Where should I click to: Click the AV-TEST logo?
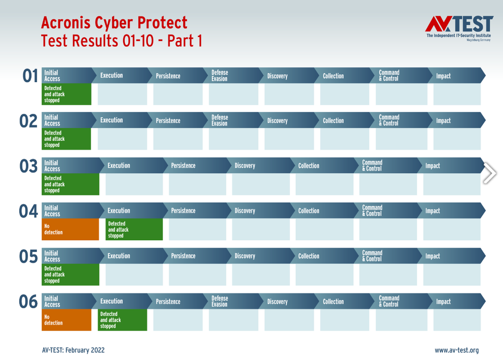pyautogui.click(x=459, y=28)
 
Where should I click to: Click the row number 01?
pyautogui.click(x=30, y=76)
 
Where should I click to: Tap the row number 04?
pyautogui.click(x=28, y=211)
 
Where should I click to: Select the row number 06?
pyautogui.click(x=28, y=302)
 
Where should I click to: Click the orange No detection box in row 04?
pyautogui.click(x=70, y=229)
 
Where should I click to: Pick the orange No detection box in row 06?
pyautogui.click(x=66, y=320)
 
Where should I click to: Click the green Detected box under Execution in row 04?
pyautogui.click(x=134, y=229)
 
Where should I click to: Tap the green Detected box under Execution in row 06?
pyautogui.click(x=122, y=320)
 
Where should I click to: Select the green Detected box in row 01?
pyautogui.click(x=66, y=94)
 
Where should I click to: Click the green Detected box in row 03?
pyautogui.click(x=70, y=184)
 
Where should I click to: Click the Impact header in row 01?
pyautogui.click(x=457, y=76)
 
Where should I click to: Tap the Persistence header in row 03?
pyautogui.click(x=197, y=166)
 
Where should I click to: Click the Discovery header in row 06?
pyautogui.click(x=289, y=302)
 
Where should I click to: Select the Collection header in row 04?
pyautogui.click(x=324, y=210)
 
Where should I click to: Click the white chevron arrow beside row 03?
pyautogui.click(x=490, y=173)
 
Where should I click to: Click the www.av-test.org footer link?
pyautogui.click(x=457, y=350)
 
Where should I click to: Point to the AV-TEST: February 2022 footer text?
pyautogui.click(x=73, y=350)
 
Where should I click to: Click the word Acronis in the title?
pyautogui.click(x=66, y=23)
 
